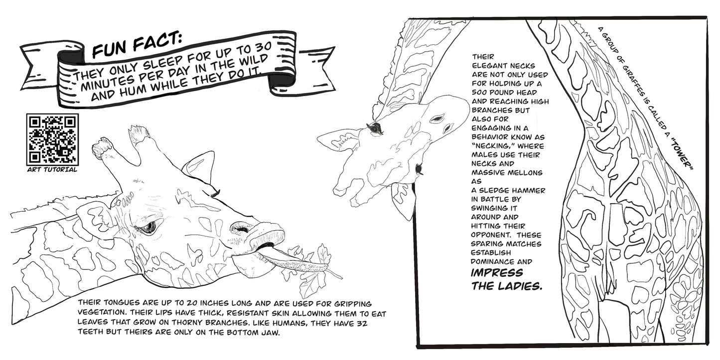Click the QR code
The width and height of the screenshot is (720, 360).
click(x=52, y=140)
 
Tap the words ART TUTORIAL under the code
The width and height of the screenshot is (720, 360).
click(x=52, y=170)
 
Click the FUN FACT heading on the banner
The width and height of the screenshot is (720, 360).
click(x=137, y=44)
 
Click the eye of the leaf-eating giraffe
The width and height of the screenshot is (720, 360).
click(x=148, y=227)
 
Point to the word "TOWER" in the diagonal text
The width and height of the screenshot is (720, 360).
click(x=681, y=156)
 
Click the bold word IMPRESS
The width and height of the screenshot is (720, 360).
click(x=497, y=273)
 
